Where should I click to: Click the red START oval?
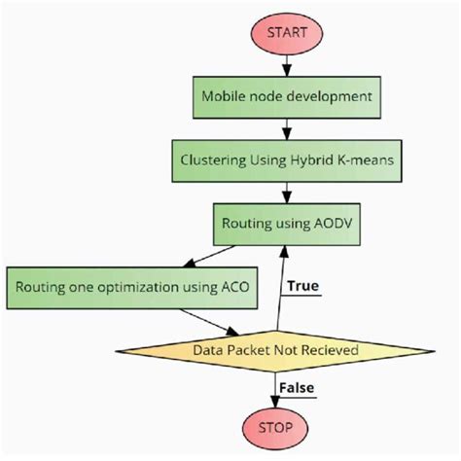point(286,32)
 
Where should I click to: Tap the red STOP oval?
point(283,427)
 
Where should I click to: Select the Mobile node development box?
point(286,97)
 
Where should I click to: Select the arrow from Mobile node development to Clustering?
point(286,127)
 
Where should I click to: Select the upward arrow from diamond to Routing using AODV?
point(280,287)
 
